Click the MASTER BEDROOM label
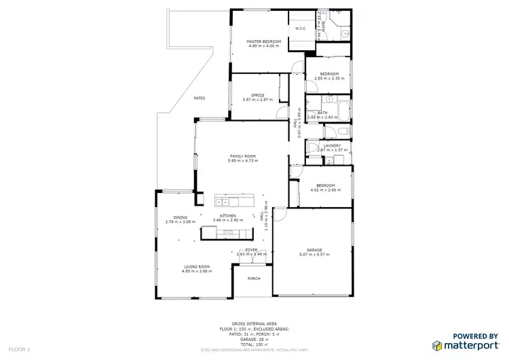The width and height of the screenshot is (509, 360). (262, 41)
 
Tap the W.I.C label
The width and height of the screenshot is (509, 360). (299, 29)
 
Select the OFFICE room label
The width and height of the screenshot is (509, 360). (257, 95)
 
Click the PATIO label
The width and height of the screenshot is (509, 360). (200, 98)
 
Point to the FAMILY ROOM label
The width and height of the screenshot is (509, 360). (242, 156)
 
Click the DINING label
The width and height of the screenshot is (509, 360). (180, 217)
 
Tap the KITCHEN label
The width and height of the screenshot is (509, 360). (227, 217)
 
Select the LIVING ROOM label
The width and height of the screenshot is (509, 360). (196, 267)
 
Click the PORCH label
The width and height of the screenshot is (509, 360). (254, 278)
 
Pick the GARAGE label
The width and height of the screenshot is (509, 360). (314, 250)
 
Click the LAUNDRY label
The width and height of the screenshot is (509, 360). (332, 145)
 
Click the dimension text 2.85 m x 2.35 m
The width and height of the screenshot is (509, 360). (329, 78)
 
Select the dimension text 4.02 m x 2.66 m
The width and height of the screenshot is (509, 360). (324, 190)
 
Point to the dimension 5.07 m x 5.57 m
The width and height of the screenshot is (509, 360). (314, 255)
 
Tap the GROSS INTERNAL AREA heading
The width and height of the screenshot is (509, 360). (253, 323)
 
